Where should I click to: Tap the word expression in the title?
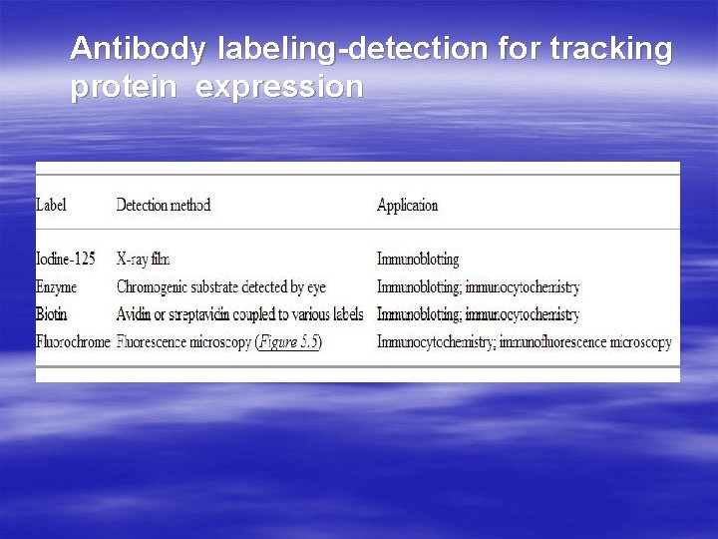pyautogui.click(x=279, y=88)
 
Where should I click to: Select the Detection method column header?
pyautogui.click(x=164, y=206)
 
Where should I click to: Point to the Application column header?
pyautogui.click(x=407, y=206)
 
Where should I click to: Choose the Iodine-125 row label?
pyautogui.click(x=66, y=260)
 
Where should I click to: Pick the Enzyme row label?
pyautogui.click(x=57, y=287)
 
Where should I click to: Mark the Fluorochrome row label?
pyautogui.click(x=73, y=342)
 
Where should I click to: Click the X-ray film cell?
pyautogui.click(x=144, y=260)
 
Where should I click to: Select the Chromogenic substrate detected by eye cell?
pyautogui.click(x=221, y=287)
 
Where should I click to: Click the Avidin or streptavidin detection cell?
pyautogui.click(x=239, y=314)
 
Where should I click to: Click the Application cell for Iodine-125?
pyautogui.click(x=418, y=260)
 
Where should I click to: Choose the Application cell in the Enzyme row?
pyautogui.click(x=478, y=287)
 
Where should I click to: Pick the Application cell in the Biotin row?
pyautogui.click(x=478, y=314)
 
